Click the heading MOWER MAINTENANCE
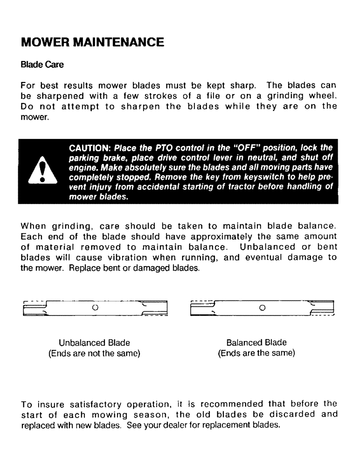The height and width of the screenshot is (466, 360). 93,42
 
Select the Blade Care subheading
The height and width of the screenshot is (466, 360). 42,65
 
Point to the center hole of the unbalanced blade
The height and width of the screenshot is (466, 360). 95,308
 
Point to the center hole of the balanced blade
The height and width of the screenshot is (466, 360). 262,308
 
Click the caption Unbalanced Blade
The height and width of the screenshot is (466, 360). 94,343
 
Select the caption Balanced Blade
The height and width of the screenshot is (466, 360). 256,343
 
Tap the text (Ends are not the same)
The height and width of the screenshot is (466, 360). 94,354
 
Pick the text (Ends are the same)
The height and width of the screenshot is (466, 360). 256,354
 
